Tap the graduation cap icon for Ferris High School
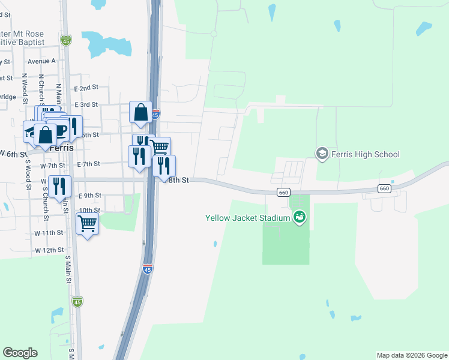[322, 154]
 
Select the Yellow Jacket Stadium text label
[247, 218]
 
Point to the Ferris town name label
[62, 148]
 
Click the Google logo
[20, 353]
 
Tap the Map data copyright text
[411, 355]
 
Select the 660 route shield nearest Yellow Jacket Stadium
[284, 192]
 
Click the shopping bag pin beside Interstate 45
[140, 112]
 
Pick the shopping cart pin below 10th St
[88, 224]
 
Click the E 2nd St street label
[86, 88]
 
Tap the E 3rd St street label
[86, 104]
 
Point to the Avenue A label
[41, 61]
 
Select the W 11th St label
[49, 232]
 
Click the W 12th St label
[49, 250]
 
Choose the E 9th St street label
[90, 196]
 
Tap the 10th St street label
[89, 210]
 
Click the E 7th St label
[88, 164]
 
